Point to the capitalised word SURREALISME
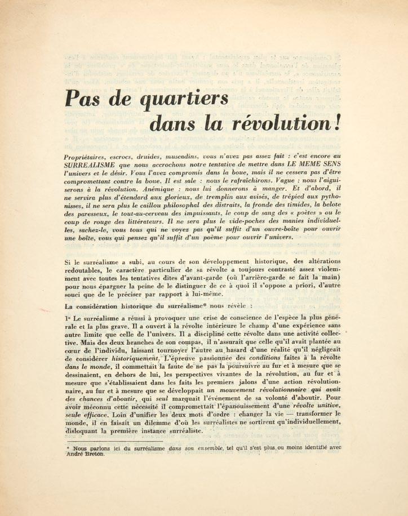click(92, 163)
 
